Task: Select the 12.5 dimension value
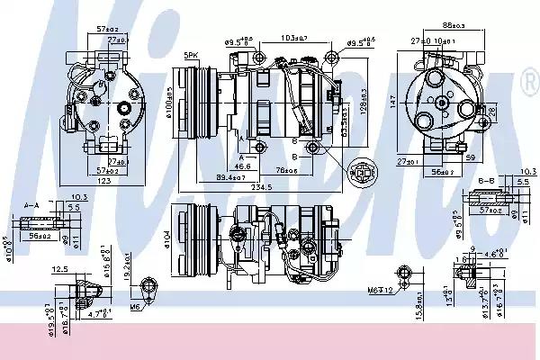point(60,268)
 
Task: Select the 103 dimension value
point(291,39)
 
